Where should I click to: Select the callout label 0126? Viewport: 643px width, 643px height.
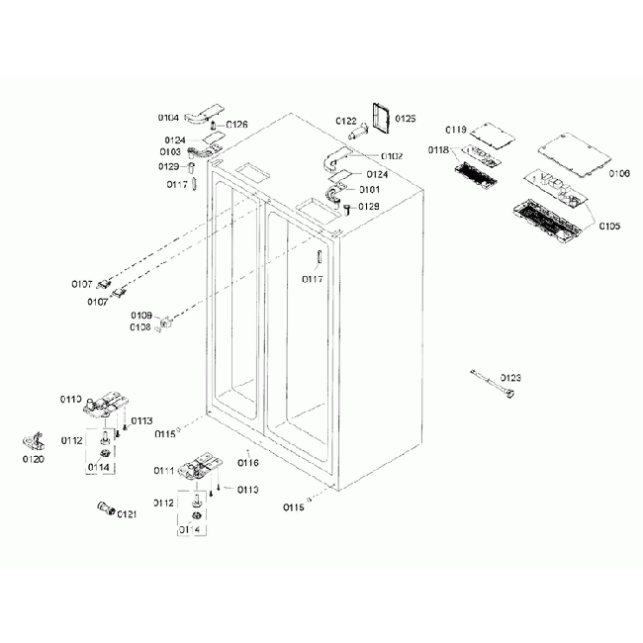(236, 125)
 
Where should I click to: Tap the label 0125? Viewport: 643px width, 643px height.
(406, 119)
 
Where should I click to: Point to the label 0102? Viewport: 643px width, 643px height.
(391, 155)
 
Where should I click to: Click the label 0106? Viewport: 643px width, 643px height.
(619, 174)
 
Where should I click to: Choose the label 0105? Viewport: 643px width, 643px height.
(609, 227)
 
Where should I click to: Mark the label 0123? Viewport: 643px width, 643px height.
(510, 378)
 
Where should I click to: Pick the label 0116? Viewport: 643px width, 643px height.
(247, 462)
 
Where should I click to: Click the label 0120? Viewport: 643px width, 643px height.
(34, 460)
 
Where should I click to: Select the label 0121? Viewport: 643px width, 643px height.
(127, 513)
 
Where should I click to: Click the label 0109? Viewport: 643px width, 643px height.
(140, 316)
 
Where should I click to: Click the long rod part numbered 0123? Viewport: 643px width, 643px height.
(493, 384)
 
